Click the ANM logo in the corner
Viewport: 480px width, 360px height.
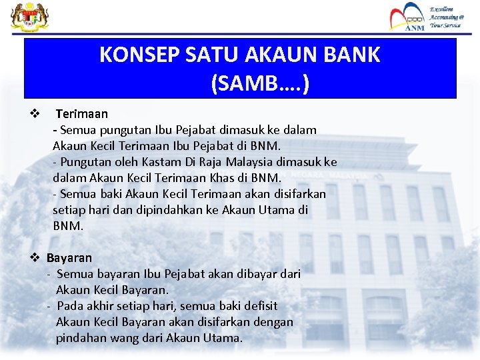[x=406, y=17]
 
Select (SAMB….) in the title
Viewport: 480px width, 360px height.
[x=259, y=84]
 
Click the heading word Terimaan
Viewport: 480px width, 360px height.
[x=81, y=114]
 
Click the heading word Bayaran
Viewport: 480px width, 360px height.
[x=69, y=257]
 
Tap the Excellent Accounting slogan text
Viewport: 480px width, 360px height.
[x=446, y=17]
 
